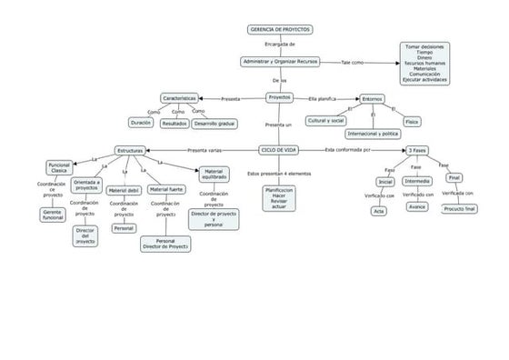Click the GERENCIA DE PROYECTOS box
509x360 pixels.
[280, 29]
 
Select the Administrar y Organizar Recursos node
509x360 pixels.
[280, 61]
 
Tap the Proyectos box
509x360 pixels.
[280, 97]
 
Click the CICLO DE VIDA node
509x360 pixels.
[278, 149]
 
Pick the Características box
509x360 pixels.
[179, 97]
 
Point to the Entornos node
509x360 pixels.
[372, 98]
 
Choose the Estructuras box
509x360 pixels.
[129, 150]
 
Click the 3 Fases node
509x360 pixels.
[417, 149]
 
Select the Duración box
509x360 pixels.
[141, 123]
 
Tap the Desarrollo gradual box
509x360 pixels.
[215, 123]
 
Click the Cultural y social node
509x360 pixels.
[325, 120]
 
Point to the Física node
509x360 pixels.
[412, 121]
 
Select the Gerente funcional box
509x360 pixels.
[53, 215]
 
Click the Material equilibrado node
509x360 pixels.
[214, 173]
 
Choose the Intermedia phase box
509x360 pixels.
[417, 181]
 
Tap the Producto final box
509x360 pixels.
[459, 208]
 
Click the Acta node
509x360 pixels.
[379, 211]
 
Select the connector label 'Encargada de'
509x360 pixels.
[279, 44]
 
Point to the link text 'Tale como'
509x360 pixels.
[352, 62]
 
